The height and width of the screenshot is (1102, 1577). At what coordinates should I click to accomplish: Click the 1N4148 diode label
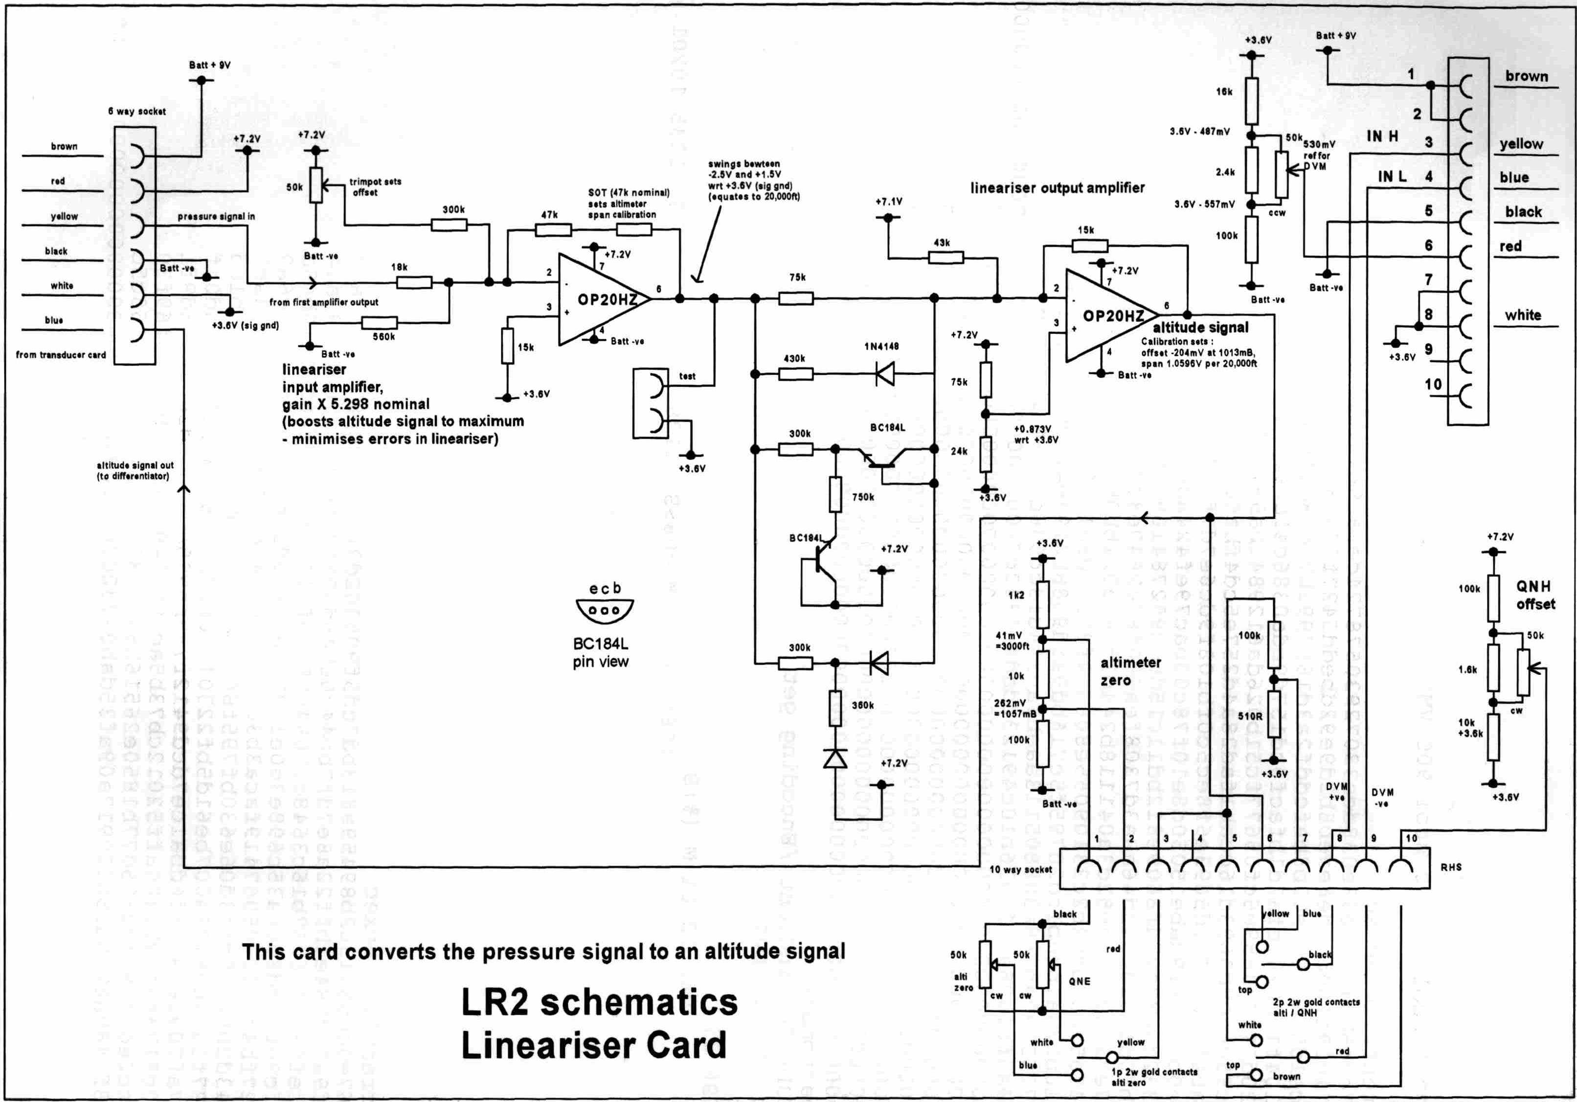point(881,346)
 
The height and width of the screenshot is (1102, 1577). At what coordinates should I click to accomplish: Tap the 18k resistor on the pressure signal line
point(414,282)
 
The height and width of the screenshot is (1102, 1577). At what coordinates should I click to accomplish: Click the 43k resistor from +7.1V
point(946,257)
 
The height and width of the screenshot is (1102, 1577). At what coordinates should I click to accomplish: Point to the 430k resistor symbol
point(795,374)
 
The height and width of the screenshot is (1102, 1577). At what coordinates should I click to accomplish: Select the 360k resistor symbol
point(835,709)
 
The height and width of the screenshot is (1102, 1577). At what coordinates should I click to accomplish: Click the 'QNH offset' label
point(1535,595)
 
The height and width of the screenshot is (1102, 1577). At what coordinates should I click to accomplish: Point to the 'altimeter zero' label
point(1130,671)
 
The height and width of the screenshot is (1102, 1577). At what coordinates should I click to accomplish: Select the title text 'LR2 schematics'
point(599,1002)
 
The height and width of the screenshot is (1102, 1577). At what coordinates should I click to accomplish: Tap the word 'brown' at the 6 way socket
point(64,146)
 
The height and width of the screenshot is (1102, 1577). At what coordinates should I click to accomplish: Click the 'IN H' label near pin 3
point(1382,137)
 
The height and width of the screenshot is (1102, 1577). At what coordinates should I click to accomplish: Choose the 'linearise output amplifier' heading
point(1057,187)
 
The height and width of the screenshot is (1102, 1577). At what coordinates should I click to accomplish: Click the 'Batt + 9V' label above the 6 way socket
point(209,65)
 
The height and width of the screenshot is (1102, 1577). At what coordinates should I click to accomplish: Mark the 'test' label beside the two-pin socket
point(687,376)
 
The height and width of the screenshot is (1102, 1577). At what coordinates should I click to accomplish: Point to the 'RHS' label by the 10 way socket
point(1451,868)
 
